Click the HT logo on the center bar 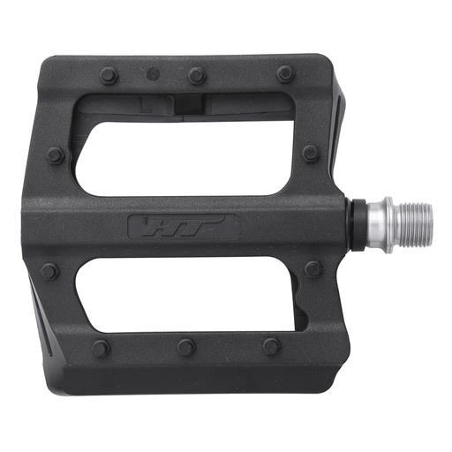click(x=183, y=227)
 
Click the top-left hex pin click(x=109, y=75)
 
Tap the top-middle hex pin click(x=197, y=75)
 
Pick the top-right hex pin click(x=284, y=74)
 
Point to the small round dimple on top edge click(x=153, y=72)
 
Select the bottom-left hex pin click(x=102, y=348)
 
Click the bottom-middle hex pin click(x=186, y=347)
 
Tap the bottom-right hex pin click(x=272, y=346)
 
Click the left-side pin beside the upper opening click(x=55, y=156)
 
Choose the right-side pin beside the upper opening click(x=311, y=154)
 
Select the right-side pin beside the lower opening click(x=313, y=268)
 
